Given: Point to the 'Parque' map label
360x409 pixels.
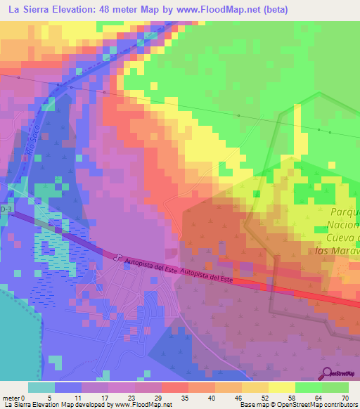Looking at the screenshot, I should tap(344, 212).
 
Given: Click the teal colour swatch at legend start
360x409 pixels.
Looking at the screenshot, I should tap(41, 387).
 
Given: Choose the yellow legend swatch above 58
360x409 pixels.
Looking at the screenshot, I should tap(283, 387).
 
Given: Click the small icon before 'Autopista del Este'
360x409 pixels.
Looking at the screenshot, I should tap(119, 257).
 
